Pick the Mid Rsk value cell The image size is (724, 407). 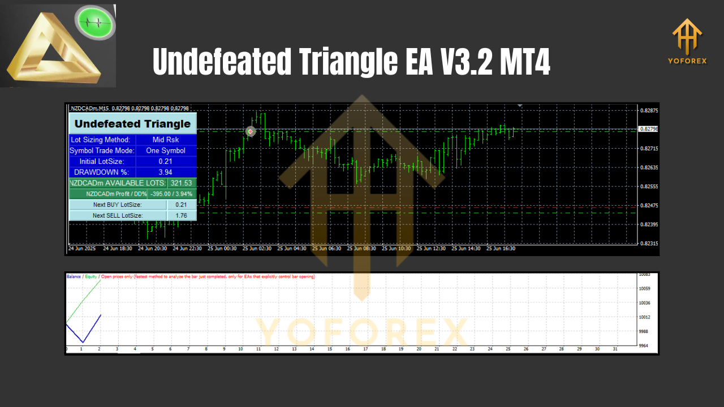(166, 140)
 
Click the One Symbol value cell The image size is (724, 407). (166, 150)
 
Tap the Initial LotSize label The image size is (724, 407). (102, 162)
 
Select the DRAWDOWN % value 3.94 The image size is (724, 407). (166, 172)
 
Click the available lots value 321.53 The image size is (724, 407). (182, 183)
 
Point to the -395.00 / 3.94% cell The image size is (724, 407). (171, 194)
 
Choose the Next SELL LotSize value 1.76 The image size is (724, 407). (182, 215)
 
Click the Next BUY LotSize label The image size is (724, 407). (118, 205)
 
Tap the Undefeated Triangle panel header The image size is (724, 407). (132, 124)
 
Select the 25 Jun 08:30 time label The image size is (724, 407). (361, 248)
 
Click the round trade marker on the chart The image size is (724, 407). (251, 131)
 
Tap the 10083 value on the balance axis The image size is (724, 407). (644, 275)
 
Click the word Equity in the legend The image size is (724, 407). (90, 276)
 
